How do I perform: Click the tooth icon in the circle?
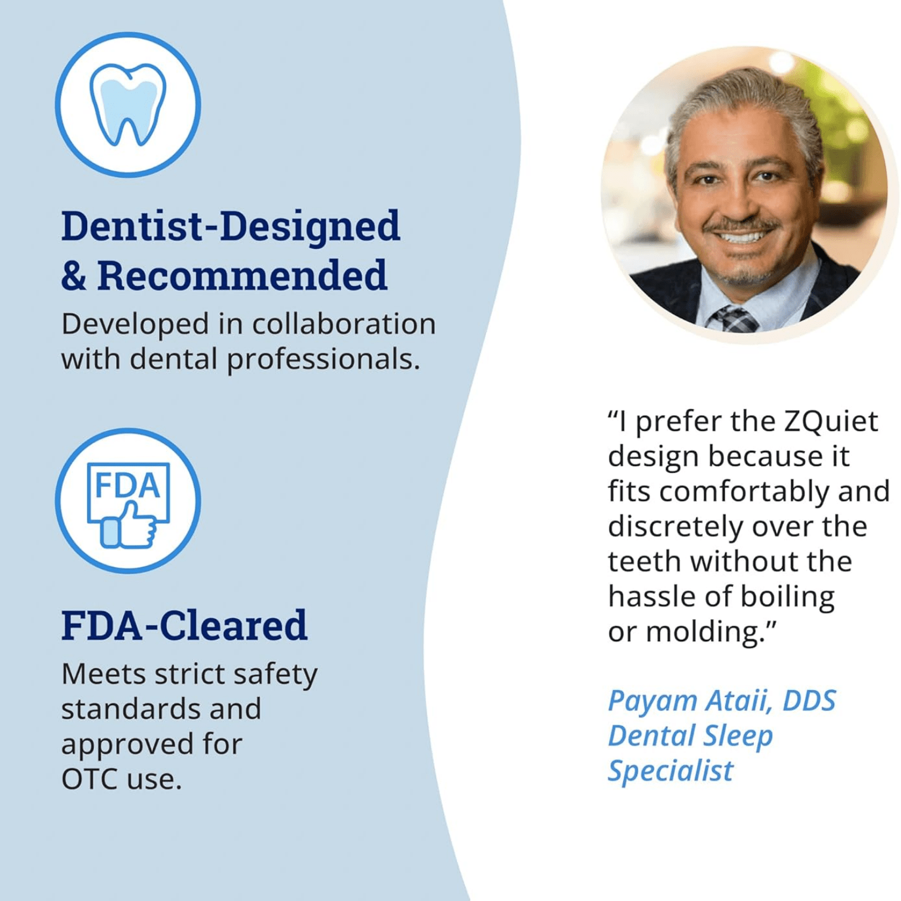(x=128, y=104)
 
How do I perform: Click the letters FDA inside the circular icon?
(x=128, y=485)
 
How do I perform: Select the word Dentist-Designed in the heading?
(x=231, y=226)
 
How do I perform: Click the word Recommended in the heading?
(x=242, y=275)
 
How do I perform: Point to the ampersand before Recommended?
(x=73, y=276)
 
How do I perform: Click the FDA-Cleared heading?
(x=184, y=625)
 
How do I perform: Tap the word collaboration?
(x=344, y=324)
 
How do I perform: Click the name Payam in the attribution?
(x=652, y=701)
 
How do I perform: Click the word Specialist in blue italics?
(x=670, y=770)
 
